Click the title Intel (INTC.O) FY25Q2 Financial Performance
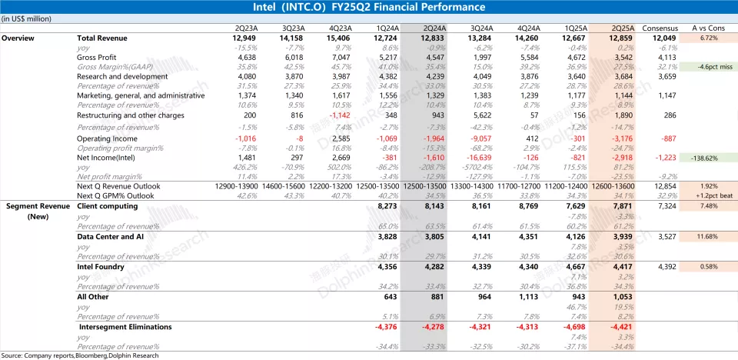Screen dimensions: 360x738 pos(368,7)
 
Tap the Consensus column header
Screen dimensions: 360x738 pos(660,28)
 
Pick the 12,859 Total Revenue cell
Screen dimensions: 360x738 pos(620,37)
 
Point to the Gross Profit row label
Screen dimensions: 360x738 pos(96,57)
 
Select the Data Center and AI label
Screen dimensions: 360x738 pos(111,237)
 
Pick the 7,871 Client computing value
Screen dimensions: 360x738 pos(622,206)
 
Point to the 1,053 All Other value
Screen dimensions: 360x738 pos(622,297)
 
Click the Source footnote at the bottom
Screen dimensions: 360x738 pos(81,355)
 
